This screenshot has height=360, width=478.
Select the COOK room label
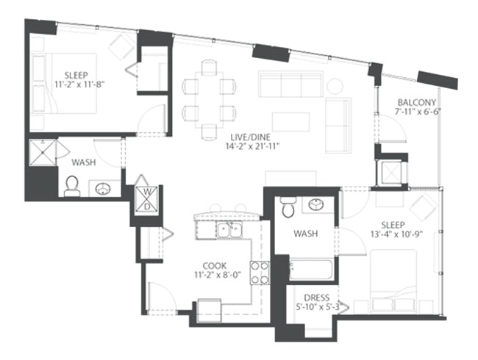click(x=214, y=265)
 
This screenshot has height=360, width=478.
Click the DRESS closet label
click(x=317, y=298)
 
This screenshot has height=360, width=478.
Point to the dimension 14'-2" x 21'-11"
click(x=252, y=146)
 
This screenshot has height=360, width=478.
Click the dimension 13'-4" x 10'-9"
click(x=398, y=234)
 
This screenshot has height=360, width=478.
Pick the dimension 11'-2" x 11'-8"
click(x=79, y=84)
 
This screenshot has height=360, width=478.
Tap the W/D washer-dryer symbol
click(x=147, y=199)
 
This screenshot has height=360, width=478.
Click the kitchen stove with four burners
click(x=260, y=273)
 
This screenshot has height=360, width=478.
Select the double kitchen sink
click(x=230, y=230)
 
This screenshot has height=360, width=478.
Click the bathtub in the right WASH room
click(x=311, y=269)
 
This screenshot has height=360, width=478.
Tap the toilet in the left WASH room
click(x=72, y=187)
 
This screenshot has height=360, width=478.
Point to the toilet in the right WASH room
click(x=288, y=206)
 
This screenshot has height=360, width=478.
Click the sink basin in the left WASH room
click(x=104, y=189)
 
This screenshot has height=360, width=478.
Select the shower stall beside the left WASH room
click(x=43, y=153)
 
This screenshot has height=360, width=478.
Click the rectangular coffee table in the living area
click(x=290, y=122)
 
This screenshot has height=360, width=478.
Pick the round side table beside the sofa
click(x=335, y=86)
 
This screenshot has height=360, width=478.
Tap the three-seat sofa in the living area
click(x=290, y=84)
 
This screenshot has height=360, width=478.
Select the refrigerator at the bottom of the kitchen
click(x=210, y=311)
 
